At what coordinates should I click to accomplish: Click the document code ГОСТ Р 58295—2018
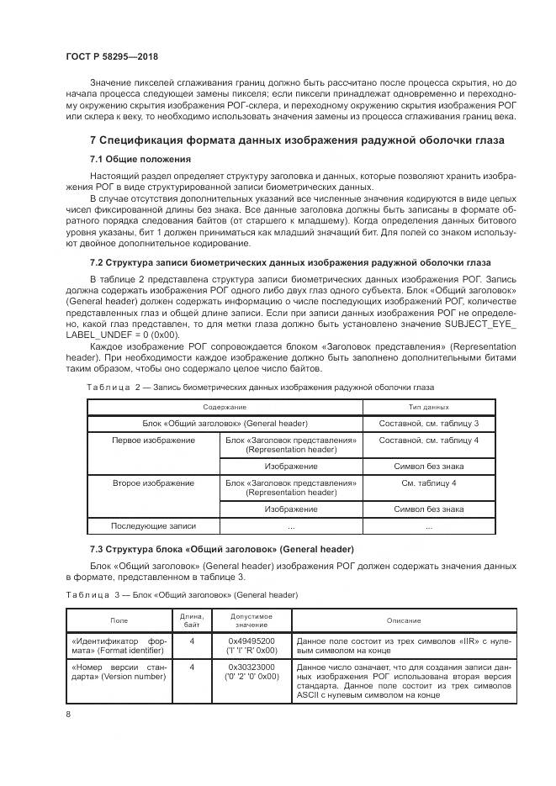tap(111, 56)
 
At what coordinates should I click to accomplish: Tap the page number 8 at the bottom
tap(68, 714)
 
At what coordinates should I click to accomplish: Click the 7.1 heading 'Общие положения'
tap(140, 159)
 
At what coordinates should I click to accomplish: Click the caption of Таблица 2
tap(260, 387)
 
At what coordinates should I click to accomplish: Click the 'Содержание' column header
tap(224, 407)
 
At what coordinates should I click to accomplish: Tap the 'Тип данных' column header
tap(429, 407)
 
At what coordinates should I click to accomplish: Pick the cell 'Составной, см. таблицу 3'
tap(429, 423)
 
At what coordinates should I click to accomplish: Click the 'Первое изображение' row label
tap(153, 440)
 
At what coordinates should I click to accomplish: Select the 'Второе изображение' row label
tap(153, 483)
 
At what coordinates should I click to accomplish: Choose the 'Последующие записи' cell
tap(153, 526)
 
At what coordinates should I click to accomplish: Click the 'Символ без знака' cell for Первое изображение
tap(429, 466)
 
